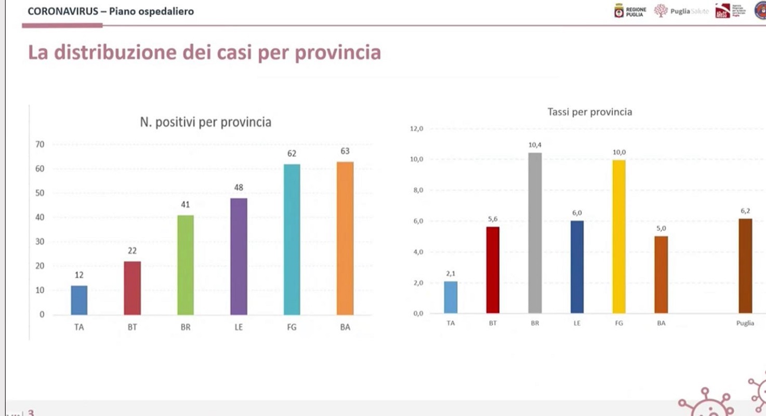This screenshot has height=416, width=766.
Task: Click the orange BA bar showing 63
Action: pos(345,238)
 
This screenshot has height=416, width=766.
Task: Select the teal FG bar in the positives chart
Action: pos(292,239)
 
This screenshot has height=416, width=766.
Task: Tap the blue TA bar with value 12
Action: pos(79,300)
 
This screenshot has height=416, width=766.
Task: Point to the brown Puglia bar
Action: pos(745,266)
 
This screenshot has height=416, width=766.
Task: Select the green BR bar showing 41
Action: pos(186,265)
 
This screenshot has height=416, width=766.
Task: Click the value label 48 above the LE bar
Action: pos(239,187)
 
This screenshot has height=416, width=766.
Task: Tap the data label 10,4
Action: pos(535,145)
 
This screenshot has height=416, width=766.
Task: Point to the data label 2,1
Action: pos(451,273)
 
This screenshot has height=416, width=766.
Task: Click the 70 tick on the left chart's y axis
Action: pos(40,144)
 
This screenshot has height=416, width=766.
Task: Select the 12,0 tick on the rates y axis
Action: pos(417,128)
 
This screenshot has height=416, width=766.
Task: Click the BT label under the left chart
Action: pos(132,327)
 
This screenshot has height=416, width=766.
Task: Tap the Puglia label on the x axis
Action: pos(745,323)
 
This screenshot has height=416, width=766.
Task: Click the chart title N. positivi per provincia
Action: pos(205,123)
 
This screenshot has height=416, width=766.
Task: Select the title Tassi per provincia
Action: pos(590,112)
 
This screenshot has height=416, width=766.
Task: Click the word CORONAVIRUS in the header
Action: pos(62,11)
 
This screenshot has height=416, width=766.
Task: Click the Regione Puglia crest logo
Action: pos(619,11)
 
